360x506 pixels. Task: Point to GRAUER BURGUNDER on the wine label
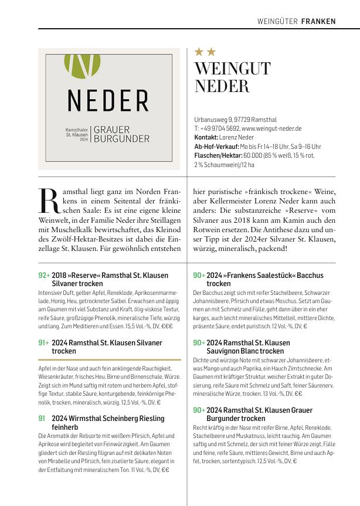[121, 134]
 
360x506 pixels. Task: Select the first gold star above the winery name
[199, 52]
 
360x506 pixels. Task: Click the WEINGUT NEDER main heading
[232, 77]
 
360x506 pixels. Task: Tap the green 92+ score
[44, 275]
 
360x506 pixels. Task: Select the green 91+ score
[44, 342]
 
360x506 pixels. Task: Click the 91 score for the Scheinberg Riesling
[42, 419]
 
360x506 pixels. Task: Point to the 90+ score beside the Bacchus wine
[199, 275]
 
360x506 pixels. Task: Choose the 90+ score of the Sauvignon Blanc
[199, 342]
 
